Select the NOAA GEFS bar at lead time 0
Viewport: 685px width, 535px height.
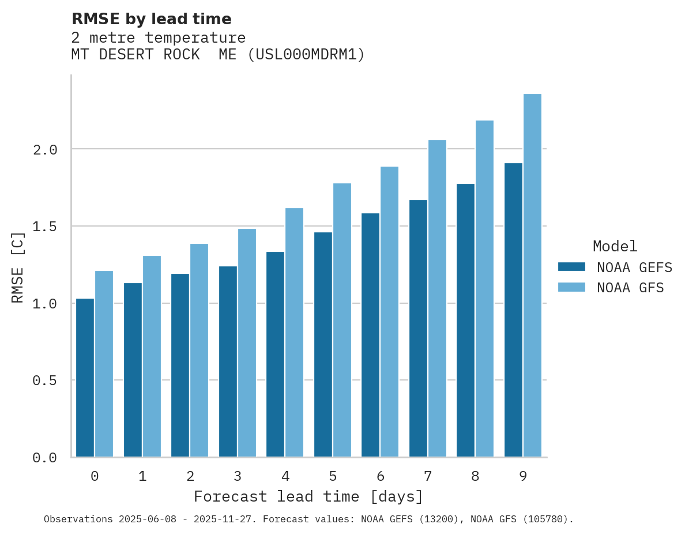pyautogui.click(x=85, y=378)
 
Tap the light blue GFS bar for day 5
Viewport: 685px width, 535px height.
pyautogui.click(x=342, y=320)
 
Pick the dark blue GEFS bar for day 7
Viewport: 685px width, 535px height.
pyautogui.click(x=418, y=329)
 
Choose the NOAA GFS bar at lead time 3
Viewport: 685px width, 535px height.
pyautogui.click(x=247, y=343)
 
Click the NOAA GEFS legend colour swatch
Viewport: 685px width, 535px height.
pyautogui.click(x=571, y=267)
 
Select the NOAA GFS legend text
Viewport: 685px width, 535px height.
pyautogui.click(x=630, y=288)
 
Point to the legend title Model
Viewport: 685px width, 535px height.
pyautogui.click(x=615, y=246)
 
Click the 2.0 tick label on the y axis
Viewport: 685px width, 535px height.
pyautogui.click(x=45, y=150)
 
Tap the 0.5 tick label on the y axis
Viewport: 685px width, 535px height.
pyautogui.click(x=45, y=380)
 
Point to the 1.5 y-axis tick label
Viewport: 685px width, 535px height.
pyautogui.click(x=45, y=227)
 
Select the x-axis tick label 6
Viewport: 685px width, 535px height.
pyautogui.click(x=380, y=476)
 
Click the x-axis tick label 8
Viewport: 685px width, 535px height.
pyautogui.click(x=475, y=476)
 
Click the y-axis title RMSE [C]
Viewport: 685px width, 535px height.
pyautogui.click(x=18, y=266)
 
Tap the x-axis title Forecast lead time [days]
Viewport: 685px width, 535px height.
pyautogui.click(x=308, y=496)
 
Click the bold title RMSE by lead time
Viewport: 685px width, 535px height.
pyautogui.click(x=151, y=19)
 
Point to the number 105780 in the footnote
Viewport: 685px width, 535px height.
pyautogui.click(x=549, y=519)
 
